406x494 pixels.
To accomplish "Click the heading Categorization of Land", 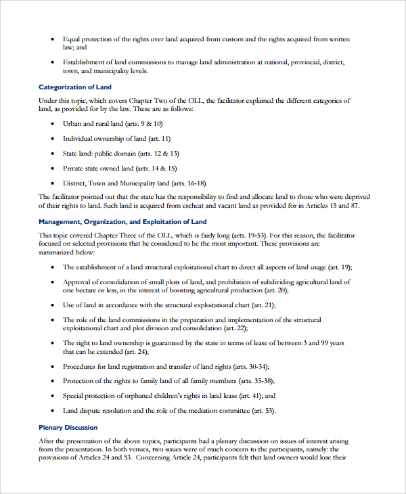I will pyautogui.click(x=75, y=87).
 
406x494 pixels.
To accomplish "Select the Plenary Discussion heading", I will pyautogui.click(x=68, y=428).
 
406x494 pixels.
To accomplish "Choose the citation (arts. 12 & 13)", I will pyautogui.click(x=156, y=154).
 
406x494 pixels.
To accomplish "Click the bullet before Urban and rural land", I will pyautogui.click(x=53, y=125).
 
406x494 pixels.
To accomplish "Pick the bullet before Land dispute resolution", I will pyautogui.click(x=53, y=411).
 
